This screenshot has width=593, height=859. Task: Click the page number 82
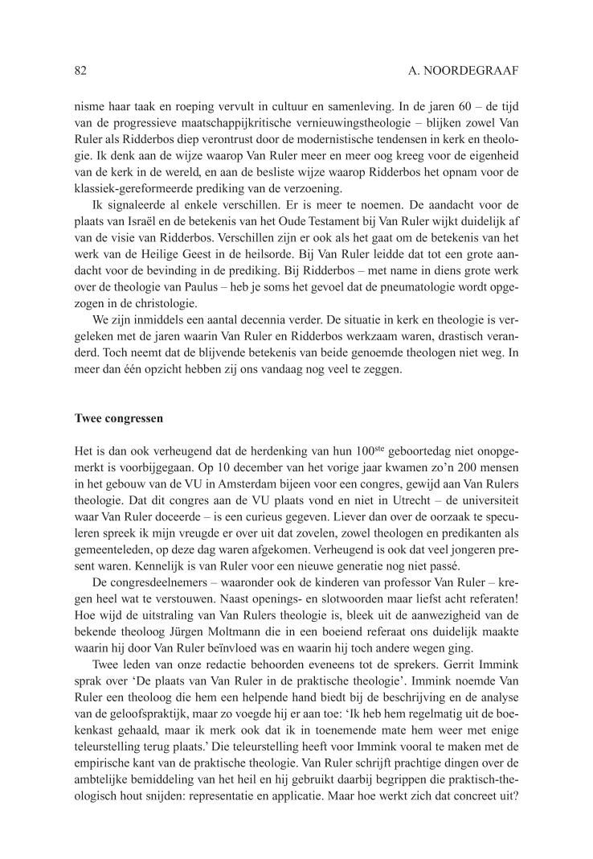pos(80,72)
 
